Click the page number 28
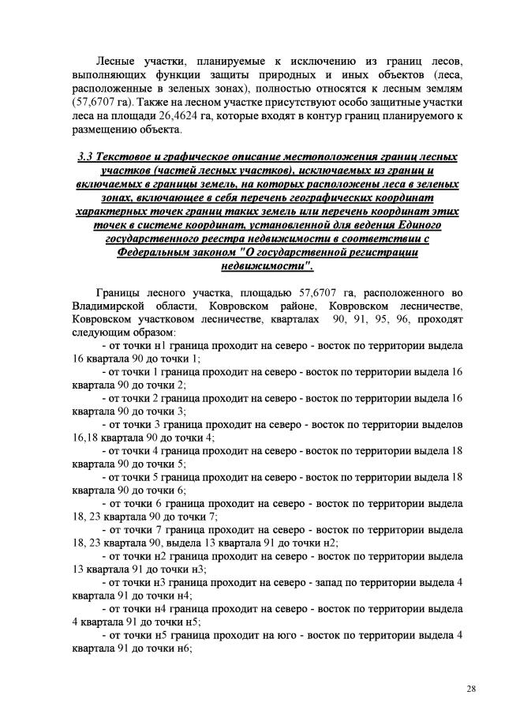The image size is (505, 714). pos(470,690)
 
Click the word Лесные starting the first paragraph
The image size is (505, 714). pos(116,61)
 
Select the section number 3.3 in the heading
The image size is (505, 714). pos(87,156)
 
